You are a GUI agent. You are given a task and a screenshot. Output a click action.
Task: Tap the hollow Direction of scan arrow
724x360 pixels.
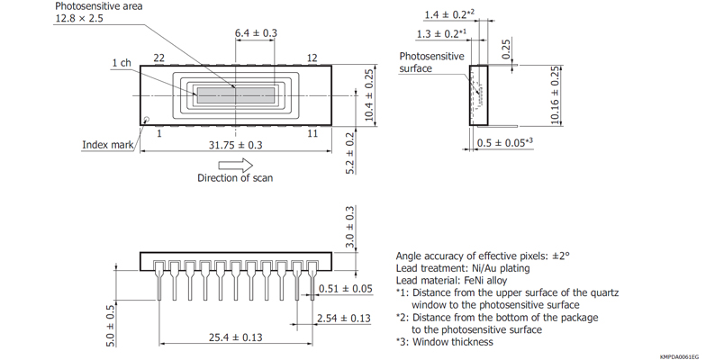pos(236,165)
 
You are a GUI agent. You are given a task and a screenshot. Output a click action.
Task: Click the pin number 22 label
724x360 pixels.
pos(158,58)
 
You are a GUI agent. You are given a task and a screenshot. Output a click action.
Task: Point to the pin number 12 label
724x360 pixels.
pos(312,58)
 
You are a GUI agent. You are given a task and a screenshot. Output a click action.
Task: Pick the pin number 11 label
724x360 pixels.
pos(312,133)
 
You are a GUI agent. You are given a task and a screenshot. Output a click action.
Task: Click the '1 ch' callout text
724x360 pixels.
pos(122,63)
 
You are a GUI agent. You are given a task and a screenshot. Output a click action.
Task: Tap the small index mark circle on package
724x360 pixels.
pos(146,119)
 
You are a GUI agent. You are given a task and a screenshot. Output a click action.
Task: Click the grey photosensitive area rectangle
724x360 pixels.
pos(235,93)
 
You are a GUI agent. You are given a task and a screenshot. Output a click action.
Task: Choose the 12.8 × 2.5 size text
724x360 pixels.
pos(83,19)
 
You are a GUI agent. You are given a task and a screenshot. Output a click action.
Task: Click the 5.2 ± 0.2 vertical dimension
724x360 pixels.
pos(351,152)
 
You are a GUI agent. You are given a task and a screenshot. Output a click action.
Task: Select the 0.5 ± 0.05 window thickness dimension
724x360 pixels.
pos(500,142)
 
